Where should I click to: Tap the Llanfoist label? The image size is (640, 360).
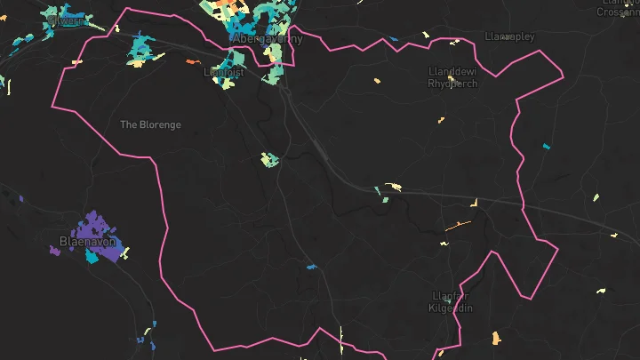coord(223,72)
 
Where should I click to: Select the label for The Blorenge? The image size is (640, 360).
coord(150,124)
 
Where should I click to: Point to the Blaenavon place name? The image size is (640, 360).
coord(87,241)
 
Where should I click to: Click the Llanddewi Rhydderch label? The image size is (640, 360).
coord(452,77)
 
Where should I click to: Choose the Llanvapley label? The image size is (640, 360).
coord(510,36)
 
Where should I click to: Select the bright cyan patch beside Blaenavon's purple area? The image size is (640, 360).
coord(92,257)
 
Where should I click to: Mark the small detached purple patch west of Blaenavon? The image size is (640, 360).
coord(55,252)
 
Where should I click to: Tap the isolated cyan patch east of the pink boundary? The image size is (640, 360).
coord(546,145)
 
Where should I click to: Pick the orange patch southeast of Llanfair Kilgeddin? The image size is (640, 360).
coord(496,338)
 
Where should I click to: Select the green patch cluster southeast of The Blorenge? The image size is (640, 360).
coord(269,160)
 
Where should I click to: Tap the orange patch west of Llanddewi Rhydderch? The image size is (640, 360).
coord(377,81)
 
